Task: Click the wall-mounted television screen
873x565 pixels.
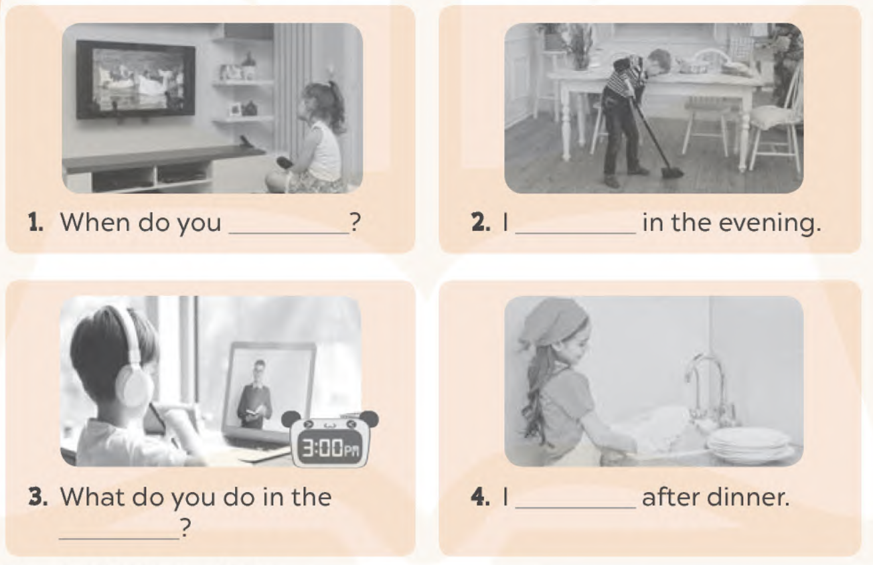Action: click(x=135, y=79)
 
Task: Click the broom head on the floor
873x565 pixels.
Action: click(x=671, y=172)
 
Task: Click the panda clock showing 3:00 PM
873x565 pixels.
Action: click(x=329, y=438)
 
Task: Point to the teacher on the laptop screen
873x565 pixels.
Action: click(x=254, y=394)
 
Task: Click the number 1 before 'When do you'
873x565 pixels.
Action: click(x=36, y=222)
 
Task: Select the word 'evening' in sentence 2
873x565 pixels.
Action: click(x=770, y=224)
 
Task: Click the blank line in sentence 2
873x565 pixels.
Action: click(x=576, y=233)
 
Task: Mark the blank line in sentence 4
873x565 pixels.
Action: click(x=576, y=507)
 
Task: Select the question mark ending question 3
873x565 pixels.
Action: click(x=185, y=528)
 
